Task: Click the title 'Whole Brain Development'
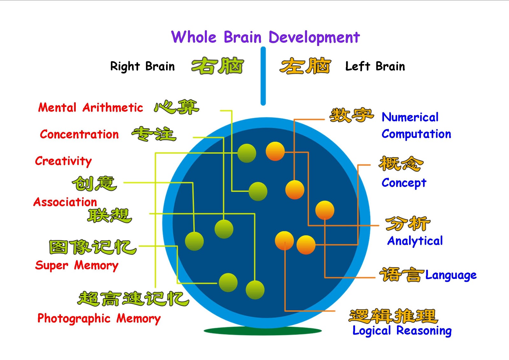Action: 265,37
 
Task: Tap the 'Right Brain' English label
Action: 143,66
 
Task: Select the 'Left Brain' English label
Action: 375,66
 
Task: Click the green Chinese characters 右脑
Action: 218,66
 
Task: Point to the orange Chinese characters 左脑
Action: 305,66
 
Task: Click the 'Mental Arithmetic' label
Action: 91,107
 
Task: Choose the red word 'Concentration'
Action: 79,134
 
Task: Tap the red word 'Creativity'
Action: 63,161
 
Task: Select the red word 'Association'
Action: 65,202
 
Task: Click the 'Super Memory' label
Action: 77,266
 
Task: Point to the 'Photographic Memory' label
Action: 99,318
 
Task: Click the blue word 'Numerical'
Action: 410,117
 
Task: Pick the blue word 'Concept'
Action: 404,183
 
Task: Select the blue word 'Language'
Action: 451,275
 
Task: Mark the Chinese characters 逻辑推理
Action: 393,316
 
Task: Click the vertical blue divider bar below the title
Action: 263,76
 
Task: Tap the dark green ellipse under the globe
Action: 263,331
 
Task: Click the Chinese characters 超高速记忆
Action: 133,298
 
